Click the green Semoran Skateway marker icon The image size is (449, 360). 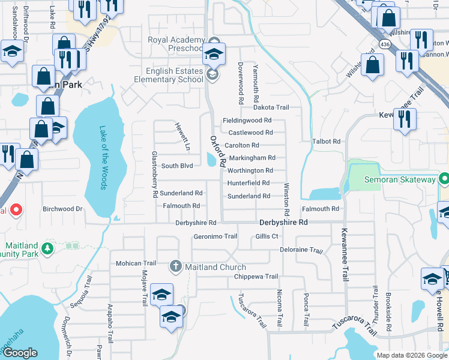tap(444, 179)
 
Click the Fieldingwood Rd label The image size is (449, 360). tap(247, 121)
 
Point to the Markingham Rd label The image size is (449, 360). tap(252, 158)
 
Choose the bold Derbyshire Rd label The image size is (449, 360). tap(283, 222)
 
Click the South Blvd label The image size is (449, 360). tap(176, 166)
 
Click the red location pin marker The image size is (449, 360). tap(16, 210)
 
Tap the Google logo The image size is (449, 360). tap(20, 353)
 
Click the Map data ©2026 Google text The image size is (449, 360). tap(411, 355)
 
